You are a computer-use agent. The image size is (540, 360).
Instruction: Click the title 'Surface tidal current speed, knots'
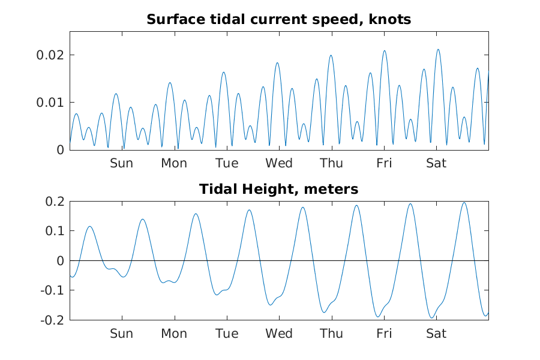pos(278,19)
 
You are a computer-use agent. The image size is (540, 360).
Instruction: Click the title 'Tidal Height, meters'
pos(278,190)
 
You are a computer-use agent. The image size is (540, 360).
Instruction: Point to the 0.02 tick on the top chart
pos(51,55)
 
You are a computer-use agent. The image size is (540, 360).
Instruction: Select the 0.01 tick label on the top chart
pos(51,103)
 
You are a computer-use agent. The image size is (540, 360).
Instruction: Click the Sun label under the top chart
pos(121,163)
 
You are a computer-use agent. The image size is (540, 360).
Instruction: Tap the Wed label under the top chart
pos(279,163)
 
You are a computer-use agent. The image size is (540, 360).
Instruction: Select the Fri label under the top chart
pos(384,163)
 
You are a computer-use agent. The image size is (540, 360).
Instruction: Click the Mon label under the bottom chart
pos(174,334)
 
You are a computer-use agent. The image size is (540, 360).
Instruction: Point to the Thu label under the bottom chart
pos(331,334)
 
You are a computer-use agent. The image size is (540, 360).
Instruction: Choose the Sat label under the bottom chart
pos(436,334)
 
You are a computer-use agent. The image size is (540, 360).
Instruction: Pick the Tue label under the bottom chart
pos(226,334)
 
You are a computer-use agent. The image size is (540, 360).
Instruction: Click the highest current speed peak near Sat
pos(438,49)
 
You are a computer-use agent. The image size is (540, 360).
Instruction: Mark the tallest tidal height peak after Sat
pos(464,202)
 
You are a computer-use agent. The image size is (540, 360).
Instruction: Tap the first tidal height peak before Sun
pos(90,226)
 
